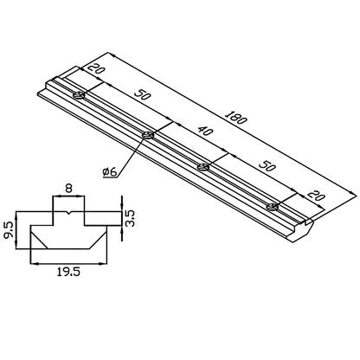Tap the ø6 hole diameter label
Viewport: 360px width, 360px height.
click(110, 171)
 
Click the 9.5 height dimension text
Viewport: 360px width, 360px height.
click(8, 229)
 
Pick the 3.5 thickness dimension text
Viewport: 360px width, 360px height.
click(130, 216)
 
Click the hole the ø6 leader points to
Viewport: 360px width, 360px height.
click(149, 134)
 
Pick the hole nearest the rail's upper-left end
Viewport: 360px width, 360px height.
click(79, 95)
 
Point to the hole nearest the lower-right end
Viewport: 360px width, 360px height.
click(273, 205)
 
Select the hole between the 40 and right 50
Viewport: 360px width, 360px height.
click(204, 166)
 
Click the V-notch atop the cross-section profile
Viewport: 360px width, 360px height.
click(67, 211)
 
